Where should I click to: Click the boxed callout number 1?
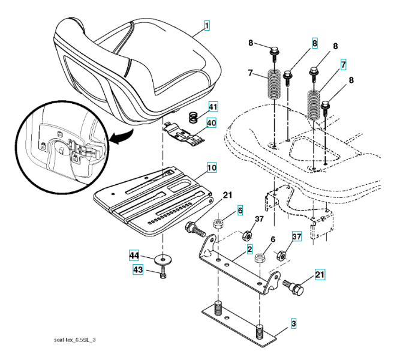pos(207,26)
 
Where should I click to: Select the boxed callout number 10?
pos(212,167)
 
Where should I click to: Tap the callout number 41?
pos(213,107)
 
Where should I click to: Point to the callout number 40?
pos(212,124)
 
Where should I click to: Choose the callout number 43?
pos(138,271)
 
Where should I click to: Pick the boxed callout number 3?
pos(294,324)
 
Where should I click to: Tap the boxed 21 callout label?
pos(320,275)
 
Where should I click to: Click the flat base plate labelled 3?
pos(240,324)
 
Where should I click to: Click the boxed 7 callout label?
pos(344,65)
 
